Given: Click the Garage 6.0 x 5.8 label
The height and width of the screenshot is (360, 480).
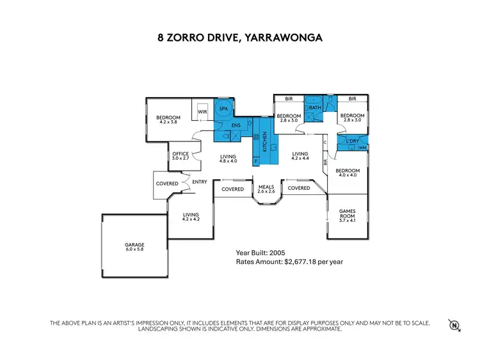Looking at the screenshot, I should [x=134, y=247].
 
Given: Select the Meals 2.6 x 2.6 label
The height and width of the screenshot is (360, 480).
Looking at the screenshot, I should [x=266, y=189].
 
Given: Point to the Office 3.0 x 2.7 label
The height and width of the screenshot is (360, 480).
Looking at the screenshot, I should [x=181, y=156].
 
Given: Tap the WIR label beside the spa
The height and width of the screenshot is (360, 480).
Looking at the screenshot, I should [x=202, y=112].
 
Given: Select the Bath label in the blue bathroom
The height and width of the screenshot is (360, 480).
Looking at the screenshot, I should [x=314, y=108].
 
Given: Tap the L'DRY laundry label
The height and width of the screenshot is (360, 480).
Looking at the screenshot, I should [x=351, y=141].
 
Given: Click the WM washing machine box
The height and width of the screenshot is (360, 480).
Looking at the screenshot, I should [x=363, y=148].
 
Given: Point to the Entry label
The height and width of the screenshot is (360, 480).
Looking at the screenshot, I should [x=200, y=182].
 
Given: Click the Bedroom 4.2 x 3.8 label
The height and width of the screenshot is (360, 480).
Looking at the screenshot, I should [x=168, y=120].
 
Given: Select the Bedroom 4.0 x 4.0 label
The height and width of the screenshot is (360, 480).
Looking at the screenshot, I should [x=348, y=173].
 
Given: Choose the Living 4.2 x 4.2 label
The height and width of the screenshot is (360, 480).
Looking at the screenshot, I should [x=191, y=217].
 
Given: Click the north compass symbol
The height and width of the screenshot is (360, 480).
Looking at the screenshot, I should [x=455, y=325].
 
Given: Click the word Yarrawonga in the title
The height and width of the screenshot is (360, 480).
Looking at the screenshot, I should [x=284, y=38].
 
